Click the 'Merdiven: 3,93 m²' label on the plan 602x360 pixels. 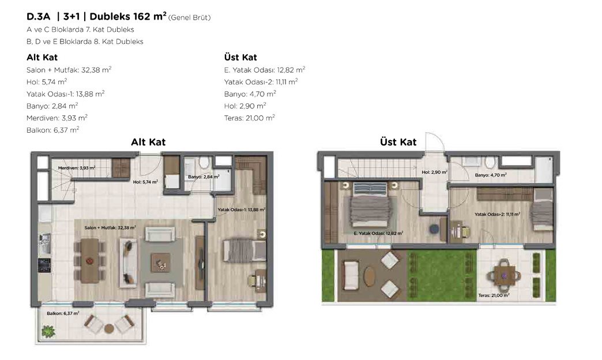coord(76,168)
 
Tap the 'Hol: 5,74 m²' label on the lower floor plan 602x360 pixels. coord(145,182)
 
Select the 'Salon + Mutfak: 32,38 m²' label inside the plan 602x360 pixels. coord(110,227)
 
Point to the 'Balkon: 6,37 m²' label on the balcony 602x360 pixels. coord(63,313)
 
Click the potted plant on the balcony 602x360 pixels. coord(48,331)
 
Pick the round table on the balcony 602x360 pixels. coord(109,328)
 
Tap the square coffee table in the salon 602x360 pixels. coord(160,263)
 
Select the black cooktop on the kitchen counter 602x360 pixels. coord(44,265)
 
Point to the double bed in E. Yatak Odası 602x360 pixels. coord(370,205)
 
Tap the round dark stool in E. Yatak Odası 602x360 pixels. coord(434,229)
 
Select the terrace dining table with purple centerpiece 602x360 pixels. coord(505,275)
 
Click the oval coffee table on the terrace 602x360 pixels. coord(370,276)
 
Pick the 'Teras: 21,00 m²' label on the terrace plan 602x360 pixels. coord(494,295)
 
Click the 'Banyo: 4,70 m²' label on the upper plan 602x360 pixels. coord(491,175)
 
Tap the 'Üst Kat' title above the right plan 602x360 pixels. coord(398,142)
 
